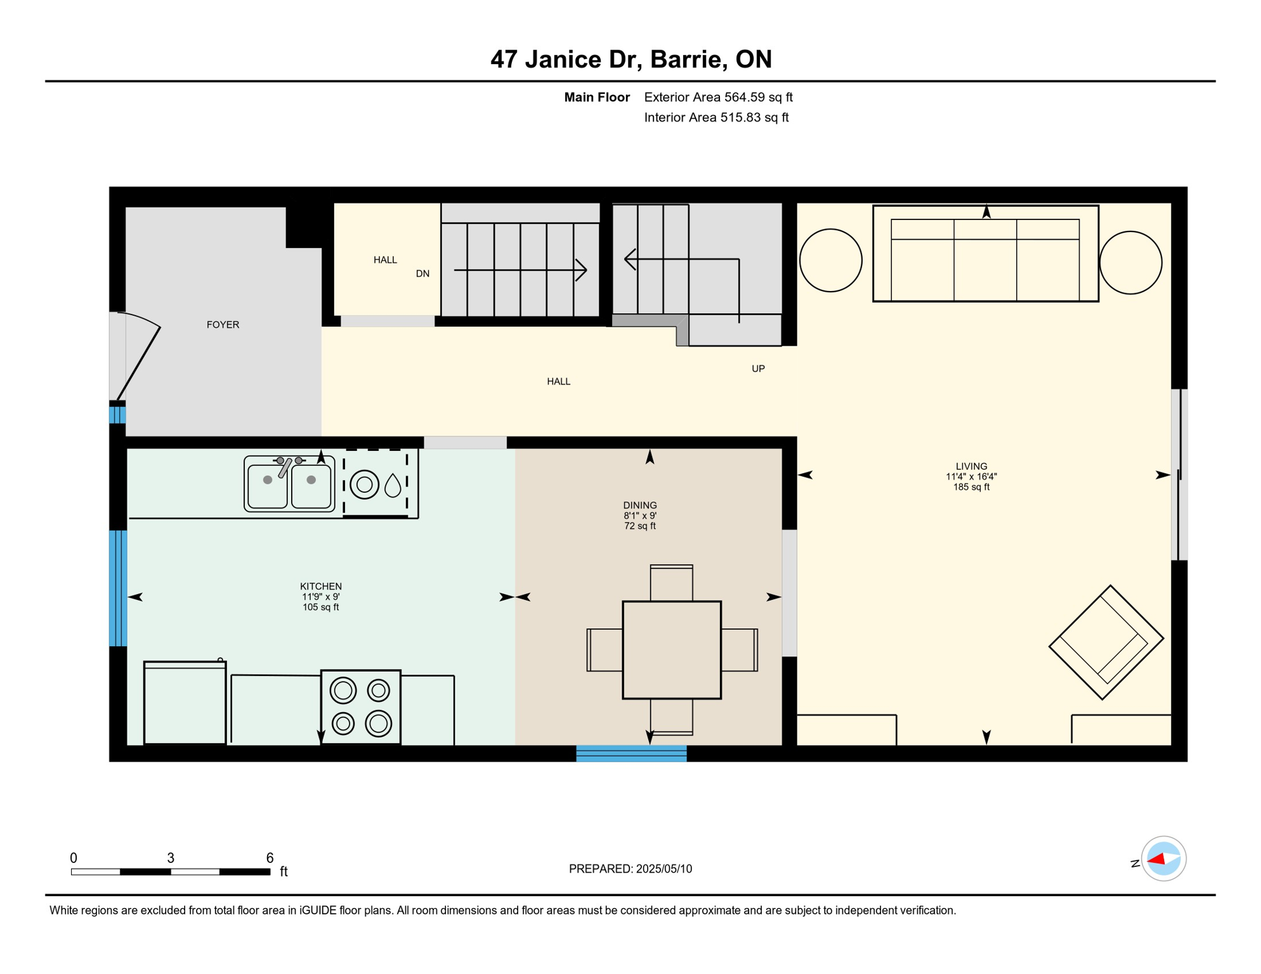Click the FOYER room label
(x=223, y=325)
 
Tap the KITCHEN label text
(x=321, y=587)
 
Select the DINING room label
(x=639, y=505)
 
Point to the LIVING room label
(x=971, y=466)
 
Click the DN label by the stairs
(x=422, y=274)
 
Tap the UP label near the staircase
(x=758, y=368)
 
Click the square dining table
(x=672, y=650)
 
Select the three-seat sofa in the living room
(x=985, y=254)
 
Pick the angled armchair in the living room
(x=1106, y=642)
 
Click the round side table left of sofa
(x=830, y=261)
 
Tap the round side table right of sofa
(x=1130, y=263)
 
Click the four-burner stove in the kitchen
(x=361, y=707)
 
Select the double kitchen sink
(x=289, y=484)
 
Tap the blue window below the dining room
(x=631, y=753)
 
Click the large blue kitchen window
(x=118, y=588)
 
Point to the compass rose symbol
(x=1163, y=859)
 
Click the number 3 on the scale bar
(x=171, y=858)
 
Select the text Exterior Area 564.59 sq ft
(x=718, y=97)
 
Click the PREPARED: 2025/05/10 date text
(x=630, y=869)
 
